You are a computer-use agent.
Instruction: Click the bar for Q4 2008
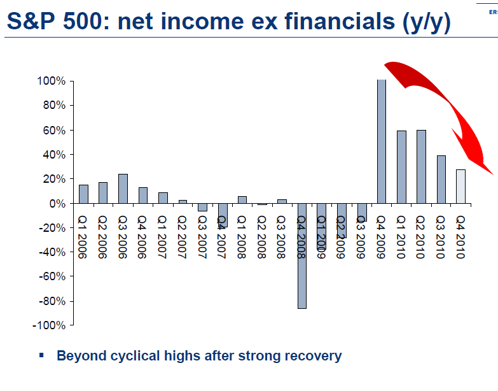[x=301, y=255]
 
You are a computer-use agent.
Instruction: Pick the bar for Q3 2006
[x=123, y=188]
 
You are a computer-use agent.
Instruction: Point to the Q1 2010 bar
[x=401, y=167]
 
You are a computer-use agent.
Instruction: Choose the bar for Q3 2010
[x=441, y=179]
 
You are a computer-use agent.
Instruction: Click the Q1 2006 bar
[x=83, y=194]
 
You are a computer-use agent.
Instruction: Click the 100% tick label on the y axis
[x=52, y=82]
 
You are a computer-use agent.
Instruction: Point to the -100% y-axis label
[x=50, y=325]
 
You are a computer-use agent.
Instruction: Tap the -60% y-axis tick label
[x=52, y=276]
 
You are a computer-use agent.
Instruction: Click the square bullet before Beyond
[x=42, y=355]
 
